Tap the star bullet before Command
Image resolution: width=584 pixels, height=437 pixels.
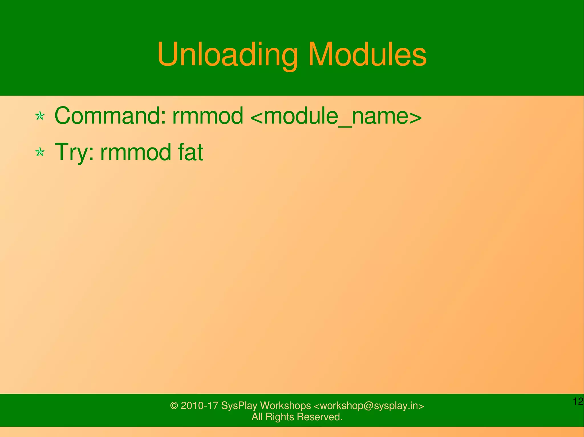click(x=40, y=116)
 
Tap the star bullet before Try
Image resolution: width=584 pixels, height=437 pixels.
click(x=40, y=152)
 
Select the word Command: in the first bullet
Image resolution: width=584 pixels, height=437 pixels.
click(x=110, y=116)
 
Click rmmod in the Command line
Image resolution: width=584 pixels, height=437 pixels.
click(x=208, y=116)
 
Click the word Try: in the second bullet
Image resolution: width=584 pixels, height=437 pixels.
click(x=74, y=153)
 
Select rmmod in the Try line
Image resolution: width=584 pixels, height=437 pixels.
click(x=136, y=153)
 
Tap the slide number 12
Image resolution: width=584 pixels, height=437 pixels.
click(x=578, y=401)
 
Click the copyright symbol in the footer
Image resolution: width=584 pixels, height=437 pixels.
click(x=174, y=406)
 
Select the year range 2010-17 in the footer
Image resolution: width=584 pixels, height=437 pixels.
click(x=200, y=406)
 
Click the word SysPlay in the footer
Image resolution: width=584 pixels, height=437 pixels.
click(x=239, y=406)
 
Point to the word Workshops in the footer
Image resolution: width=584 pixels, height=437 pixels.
click(x=285, y=406)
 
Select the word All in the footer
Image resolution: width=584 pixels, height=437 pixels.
click(x=257, y=417)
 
